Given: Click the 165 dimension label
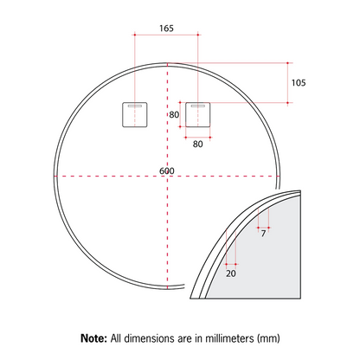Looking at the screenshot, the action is pos(166,29).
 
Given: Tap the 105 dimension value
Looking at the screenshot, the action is pos(299,83).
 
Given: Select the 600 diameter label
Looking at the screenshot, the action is pos(167,170).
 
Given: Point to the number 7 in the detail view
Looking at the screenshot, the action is pos(263,234).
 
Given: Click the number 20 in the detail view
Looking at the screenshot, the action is pos(231,273).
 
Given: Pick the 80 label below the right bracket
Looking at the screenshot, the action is pos(198,144).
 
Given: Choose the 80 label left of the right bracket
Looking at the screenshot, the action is pos(174,115).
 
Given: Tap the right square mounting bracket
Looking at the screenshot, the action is pos(197,114).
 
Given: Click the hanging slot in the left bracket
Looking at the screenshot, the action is pos(135,106).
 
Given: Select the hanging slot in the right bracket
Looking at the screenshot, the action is pos(197,106).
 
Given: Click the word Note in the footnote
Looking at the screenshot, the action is pos(93,338).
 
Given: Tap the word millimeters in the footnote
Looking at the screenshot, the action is pos(229,338).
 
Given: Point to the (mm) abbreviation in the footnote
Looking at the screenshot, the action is pos(268,338).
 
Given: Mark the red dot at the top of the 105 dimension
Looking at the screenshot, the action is pos(287,63).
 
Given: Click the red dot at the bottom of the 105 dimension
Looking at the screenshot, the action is pos(287,102).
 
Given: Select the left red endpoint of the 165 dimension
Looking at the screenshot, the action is pos(135,35).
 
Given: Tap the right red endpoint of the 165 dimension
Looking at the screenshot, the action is pos(198,35).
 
